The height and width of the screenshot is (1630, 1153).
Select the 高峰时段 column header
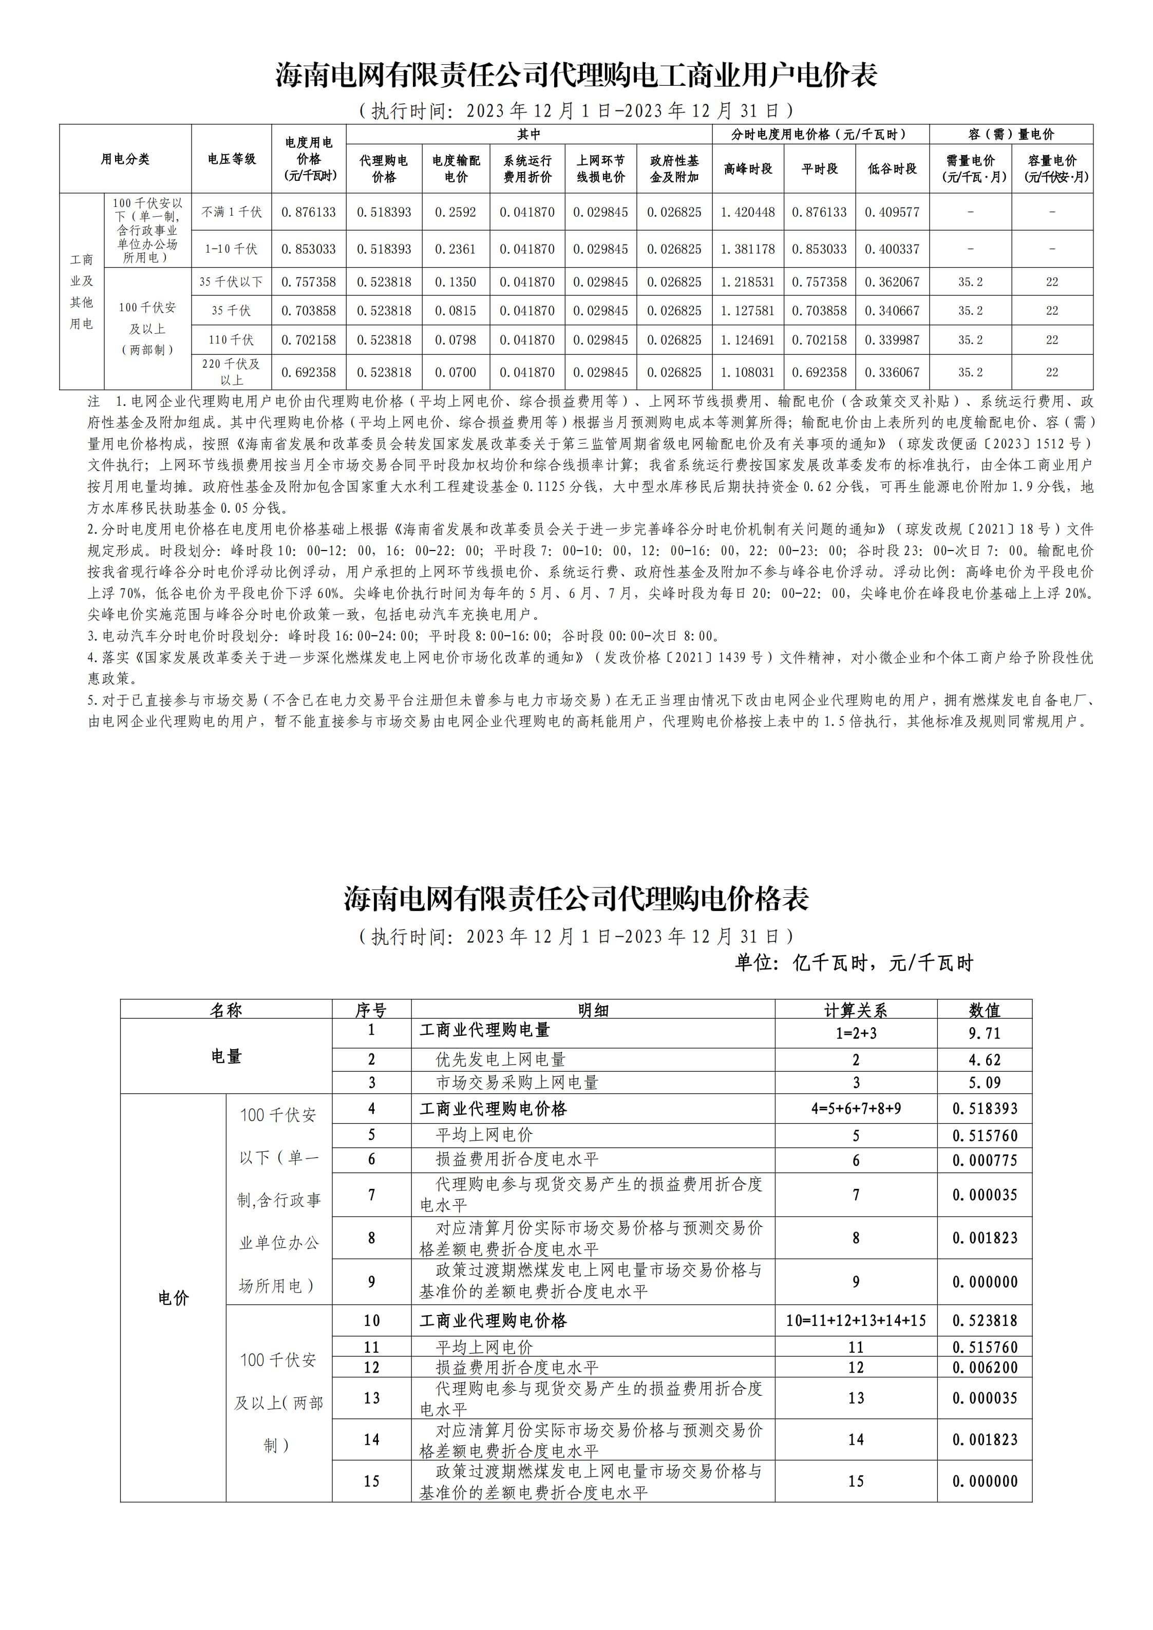coord(748,169)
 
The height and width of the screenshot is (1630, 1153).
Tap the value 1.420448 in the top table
coord(748,212)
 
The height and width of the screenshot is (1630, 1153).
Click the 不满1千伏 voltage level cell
coord(232,212)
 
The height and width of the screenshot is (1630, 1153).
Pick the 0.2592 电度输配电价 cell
coord(455,212)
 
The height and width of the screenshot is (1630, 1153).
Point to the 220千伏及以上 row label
coord(232,372)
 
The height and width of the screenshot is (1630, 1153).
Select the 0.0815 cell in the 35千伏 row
coord(455,310)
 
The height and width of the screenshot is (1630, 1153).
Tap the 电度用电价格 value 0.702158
coord(308,340)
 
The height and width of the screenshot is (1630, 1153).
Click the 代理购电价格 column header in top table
coord(383,169)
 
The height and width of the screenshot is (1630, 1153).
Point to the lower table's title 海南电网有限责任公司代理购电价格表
coord(576,899)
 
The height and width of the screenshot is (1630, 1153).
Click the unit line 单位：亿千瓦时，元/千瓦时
coord(854,963)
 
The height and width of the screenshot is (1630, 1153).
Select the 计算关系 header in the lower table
coord(856,1010)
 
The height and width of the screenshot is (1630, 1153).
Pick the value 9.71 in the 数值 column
coord(984,1033)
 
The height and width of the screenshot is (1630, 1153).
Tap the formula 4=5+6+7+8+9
coord(856,1108)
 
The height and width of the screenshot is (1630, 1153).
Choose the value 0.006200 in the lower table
coord(984,1368)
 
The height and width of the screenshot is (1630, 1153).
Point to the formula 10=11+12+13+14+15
coord(856,1320)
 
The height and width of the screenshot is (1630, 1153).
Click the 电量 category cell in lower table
coord(226,1056)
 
